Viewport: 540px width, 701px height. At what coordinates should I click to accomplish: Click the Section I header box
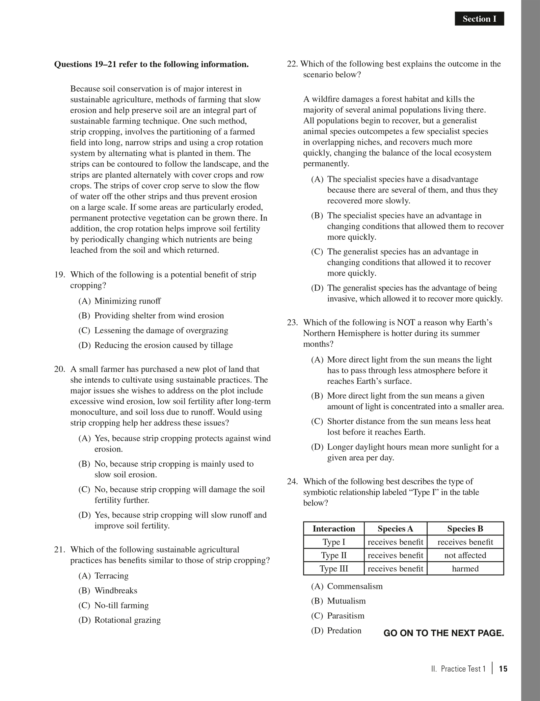479,19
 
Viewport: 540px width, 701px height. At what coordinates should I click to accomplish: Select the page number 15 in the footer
503,669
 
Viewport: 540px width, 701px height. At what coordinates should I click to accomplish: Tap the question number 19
60,275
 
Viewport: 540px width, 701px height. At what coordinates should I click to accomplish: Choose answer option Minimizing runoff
127,301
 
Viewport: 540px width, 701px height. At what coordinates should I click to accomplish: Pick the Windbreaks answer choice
116,590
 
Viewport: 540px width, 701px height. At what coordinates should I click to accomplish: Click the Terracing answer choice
111,576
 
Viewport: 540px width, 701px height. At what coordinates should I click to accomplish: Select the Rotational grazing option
127,620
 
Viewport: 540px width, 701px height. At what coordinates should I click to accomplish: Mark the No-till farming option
121,605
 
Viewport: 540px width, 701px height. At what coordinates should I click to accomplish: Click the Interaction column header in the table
334,528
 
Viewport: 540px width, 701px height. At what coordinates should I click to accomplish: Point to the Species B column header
465,528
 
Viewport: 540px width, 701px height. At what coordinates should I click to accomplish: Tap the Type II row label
334,555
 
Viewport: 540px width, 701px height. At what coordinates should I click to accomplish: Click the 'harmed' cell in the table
465,569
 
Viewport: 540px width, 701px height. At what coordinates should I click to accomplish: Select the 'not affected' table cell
465,555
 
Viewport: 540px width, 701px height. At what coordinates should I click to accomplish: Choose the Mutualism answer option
346,601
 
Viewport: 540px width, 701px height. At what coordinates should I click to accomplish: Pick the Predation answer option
344,631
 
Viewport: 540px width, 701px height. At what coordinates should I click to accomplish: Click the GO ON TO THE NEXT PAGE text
444,633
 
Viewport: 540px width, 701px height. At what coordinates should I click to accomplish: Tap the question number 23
292,322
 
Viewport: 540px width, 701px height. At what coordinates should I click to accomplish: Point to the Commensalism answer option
355,586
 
